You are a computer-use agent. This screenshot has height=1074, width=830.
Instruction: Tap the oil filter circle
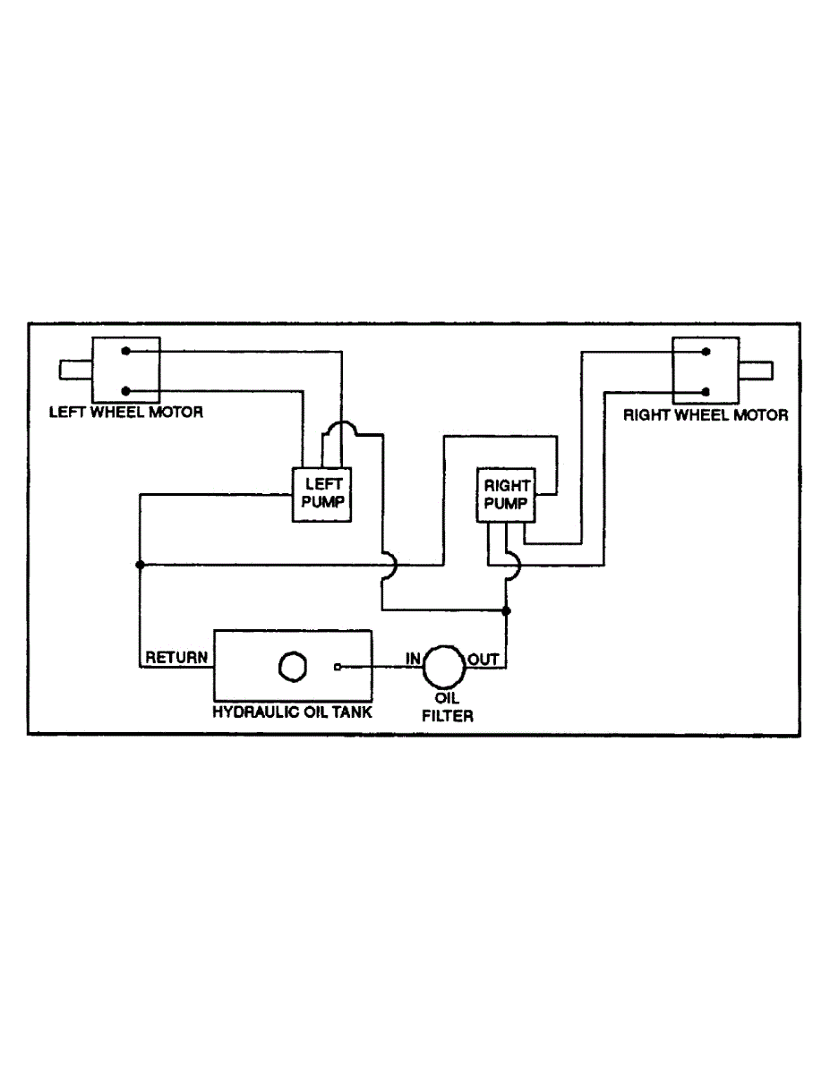tap(441, 666)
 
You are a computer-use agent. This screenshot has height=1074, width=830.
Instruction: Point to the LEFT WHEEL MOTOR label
tap(125, 413)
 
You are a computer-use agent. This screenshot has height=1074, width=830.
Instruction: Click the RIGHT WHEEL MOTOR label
tap(706, 414)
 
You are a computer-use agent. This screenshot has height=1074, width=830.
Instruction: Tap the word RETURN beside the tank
tap(176, 658)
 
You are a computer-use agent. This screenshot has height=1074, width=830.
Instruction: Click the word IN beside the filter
tap(413, 660)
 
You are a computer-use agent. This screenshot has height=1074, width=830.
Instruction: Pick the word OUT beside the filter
tap(483, 660)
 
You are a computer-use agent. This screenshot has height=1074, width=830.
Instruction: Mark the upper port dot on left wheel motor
tap(126, 352)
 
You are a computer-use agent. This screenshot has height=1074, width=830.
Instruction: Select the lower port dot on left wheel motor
tap(126, 390)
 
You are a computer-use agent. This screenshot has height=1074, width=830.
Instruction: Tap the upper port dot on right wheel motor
tap(706, 353)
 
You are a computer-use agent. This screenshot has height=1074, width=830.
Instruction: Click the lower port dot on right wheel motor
tap(706, 391)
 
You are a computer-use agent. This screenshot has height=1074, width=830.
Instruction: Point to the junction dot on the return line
tap(140, 565)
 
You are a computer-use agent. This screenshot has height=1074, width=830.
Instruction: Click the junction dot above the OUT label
tap(507, 611)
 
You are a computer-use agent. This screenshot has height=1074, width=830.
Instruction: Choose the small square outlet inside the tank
tap(337, 667)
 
